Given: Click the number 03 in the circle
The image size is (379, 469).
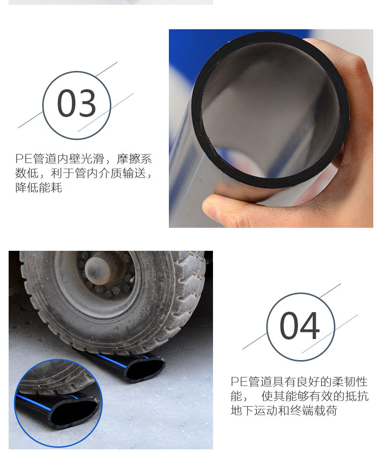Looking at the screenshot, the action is point(77,103).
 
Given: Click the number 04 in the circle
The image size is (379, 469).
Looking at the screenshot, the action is point(300,326).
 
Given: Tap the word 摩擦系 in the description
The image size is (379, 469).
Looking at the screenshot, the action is point(134,159).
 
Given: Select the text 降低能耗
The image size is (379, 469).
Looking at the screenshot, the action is point(39,188).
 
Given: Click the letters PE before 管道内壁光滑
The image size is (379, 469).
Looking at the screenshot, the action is point(24,159).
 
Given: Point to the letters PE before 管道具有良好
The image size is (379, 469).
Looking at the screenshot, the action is point(239,382).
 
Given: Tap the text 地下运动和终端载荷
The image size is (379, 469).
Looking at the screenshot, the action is point(284,410).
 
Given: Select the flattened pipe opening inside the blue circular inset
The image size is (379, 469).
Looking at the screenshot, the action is point(76,410).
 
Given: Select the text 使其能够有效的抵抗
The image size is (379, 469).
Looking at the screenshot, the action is point(315,396).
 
